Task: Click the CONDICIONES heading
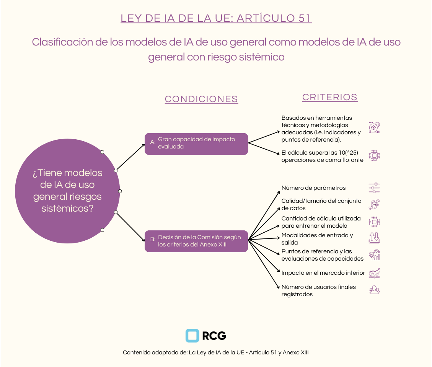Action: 201,99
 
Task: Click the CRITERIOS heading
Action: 330,97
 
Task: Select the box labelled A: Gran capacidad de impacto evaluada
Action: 196,144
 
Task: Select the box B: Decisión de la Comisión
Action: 196,241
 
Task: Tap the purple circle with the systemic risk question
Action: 67,191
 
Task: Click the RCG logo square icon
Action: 192,336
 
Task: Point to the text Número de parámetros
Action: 313,188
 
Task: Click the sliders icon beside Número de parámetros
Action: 374,188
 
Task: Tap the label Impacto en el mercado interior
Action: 323,273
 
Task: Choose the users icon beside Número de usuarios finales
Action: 374,290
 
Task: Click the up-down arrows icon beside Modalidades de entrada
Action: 374,238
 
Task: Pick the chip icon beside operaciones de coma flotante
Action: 374,156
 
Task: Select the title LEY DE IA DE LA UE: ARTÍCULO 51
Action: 216,18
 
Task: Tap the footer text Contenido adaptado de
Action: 216,352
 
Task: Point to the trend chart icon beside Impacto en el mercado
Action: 374,273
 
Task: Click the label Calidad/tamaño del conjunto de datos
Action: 321,204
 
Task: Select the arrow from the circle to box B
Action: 130,227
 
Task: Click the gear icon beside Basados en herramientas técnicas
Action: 374,127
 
